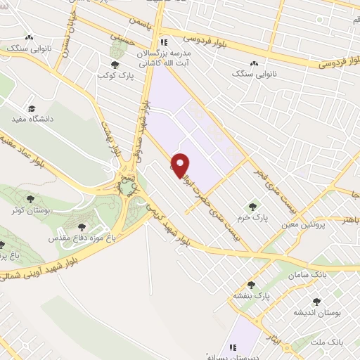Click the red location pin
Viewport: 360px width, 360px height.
coord(181,165)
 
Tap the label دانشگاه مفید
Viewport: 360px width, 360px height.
coord(31,121)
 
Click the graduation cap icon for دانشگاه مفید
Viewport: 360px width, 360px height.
coord(31,109)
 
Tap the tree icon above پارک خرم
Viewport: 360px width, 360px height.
coord(252,206)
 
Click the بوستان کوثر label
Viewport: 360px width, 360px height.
coord(26,210)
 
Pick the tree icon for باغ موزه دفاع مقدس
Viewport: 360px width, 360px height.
coord(82,226)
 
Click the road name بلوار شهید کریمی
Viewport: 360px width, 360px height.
coord(169,225)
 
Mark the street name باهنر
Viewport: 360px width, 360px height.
coord(349,219)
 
